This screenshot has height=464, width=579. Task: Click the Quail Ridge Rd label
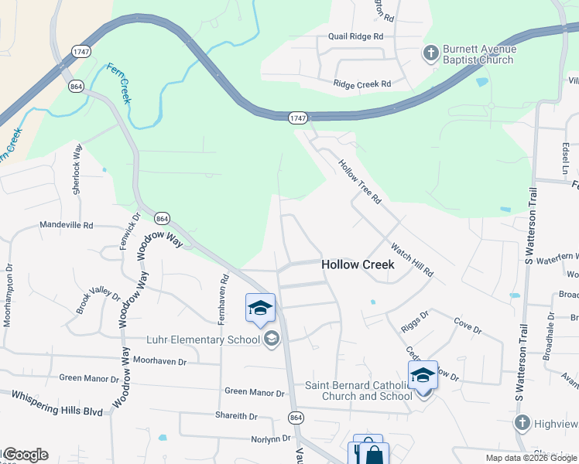tap(356, 36)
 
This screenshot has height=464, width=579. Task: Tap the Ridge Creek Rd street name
tap(362, 84)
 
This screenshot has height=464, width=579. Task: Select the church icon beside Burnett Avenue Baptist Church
tap(430, 54)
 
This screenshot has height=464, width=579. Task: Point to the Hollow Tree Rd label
tap(360, 182)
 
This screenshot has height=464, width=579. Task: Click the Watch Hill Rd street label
tap(412, 261)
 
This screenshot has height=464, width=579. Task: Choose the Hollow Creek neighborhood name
tap(358, 264)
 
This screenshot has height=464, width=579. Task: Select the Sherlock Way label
tap(77, 169)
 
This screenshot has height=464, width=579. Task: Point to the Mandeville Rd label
tap(67, 226)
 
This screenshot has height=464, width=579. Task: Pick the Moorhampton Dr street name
tap(9, 296)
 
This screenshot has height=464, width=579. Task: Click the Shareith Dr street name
tap(236, 416)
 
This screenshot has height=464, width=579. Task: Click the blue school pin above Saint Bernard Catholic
tap(423, 377)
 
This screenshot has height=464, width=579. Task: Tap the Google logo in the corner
tap(25, 455)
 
